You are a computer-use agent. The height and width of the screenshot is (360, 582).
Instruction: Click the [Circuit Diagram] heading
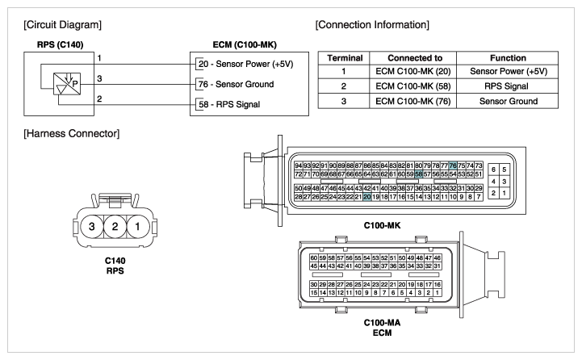tap(62, 25)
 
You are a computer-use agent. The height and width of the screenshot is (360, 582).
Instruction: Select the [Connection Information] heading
tap(372, 25)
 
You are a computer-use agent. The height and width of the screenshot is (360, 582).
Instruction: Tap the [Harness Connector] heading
tap(72, 134)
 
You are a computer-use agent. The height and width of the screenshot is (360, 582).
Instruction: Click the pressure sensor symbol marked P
tap(67, 84)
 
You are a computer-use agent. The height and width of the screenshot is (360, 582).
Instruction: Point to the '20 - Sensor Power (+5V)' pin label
tap(245, 64)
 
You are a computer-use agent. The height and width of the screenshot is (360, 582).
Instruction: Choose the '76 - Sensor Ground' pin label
tap(236, 84)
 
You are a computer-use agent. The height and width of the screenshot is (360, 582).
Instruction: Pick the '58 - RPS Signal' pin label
tap(229, 104)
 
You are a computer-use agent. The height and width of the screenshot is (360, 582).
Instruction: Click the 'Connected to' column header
tap(415, 58)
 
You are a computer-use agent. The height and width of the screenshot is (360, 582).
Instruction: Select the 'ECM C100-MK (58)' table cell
tap(413, 86)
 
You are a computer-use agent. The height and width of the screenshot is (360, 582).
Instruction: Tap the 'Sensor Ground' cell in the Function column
tap(508, 101)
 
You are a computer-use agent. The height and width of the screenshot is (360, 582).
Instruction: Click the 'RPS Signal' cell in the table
tap(506, 86)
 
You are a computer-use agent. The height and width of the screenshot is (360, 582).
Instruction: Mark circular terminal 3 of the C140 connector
tap(92, 226)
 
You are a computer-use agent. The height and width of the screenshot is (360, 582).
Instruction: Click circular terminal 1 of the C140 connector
tap(138, 226)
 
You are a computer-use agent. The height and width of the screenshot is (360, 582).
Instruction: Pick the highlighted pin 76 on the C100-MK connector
tap(453, 165)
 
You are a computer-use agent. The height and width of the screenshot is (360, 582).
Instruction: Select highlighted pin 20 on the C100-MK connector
tap(367, 197)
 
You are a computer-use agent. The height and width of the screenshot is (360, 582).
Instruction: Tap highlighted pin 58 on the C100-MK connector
tap(418, 174)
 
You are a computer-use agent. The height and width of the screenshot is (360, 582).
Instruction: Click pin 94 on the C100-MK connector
tap(299, 165)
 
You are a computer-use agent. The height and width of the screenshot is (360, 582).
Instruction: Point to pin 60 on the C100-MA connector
tap(314, 257)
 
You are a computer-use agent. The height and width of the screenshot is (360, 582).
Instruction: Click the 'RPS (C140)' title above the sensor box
tap(60, 45)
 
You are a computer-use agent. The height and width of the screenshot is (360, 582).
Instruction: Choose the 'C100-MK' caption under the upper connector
tap(383, 225)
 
